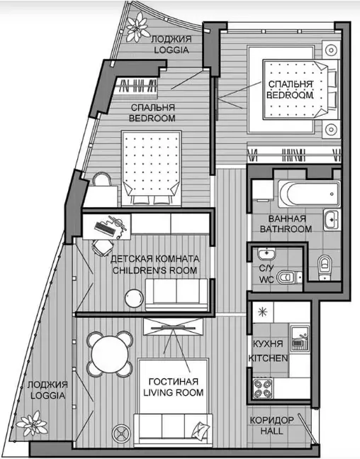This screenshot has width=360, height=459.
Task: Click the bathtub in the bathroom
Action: coord(310,194)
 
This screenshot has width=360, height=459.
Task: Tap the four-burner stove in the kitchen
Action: coord(263,388)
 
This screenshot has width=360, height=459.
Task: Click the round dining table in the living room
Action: coord(110,354)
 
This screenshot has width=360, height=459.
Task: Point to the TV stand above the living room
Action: coord(173,326)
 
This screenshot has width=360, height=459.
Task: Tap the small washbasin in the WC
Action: coord(266,253)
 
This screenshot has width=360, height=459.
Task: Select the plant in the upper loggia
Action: coord(137,27)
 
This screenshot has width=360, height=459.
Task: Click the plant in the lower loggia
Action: coord(32,423)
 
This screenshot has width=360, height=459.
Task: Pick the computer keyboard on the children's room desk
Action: coord(104,228)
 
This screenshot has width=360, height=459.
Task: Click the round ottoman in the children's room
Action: coord(134,298)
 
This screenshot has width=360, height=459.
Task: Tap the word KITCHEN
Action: coord(268,358)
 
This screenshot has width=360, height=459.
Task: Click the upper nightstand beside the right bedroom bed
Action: coord(332,50)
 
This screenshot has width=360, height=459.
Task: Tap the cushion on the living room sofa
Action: coord(201,430)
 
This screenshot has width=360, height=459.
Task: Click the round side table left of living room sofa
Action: coord(122,433)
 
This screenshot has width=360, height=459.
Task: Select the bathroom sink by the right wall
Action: coord(332,219)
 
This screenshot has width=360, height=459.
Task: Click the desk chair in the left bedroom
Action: coord(102,179)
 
